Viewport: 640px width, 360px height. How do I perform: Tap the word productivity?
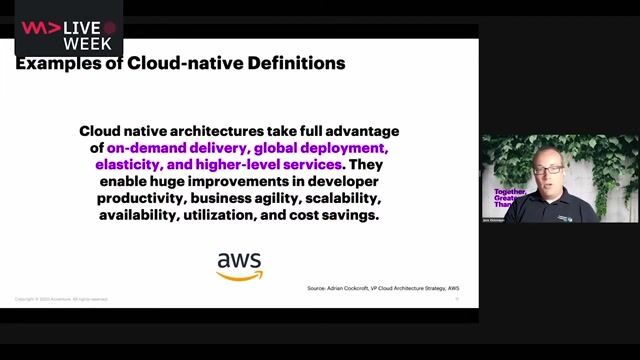click(x=137, y=198)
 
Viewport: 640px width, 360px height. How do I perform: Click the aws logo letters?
click(x=239, y=261)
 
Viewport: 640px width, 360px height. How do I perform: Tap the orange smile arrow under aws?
click(x=240, y=275)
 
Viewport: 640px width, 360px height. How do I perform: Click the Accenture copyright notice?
click(x=62, y=299)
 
